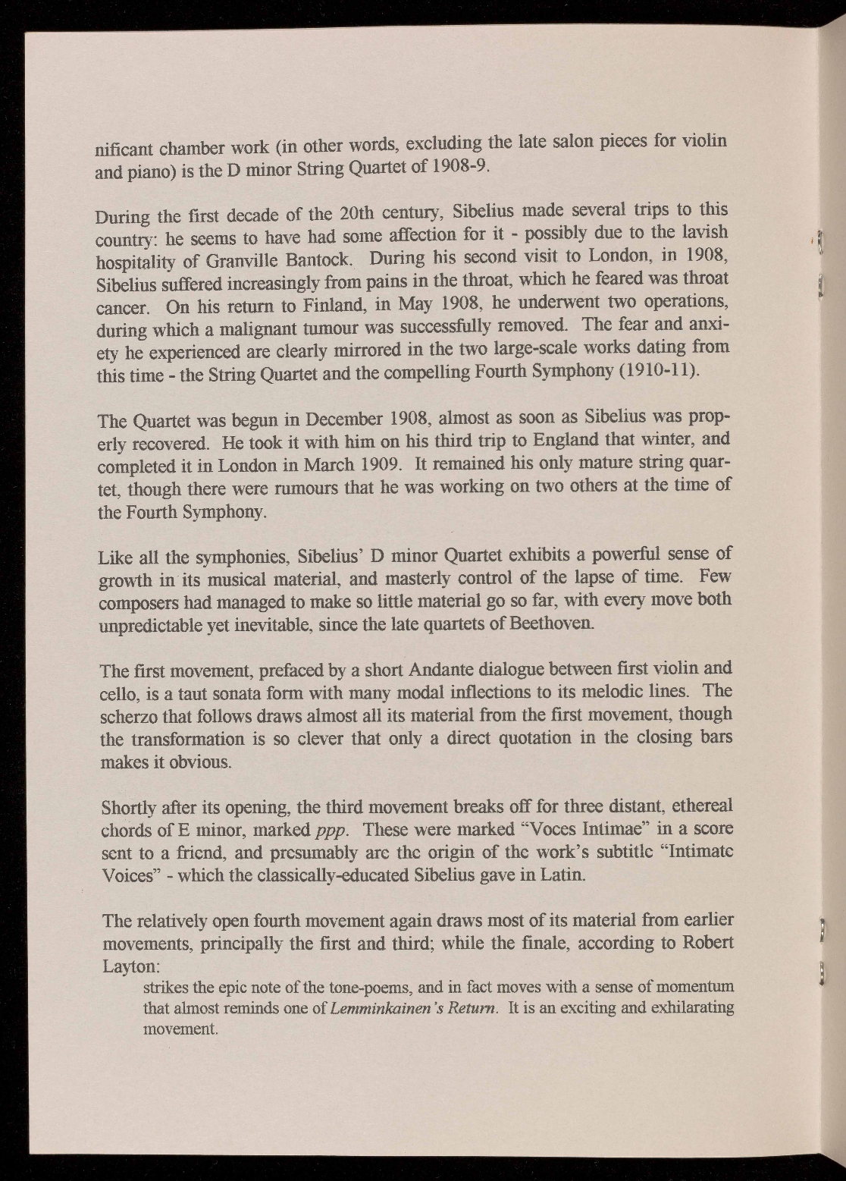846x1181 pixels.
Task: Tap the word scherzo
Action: [124, 718]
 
